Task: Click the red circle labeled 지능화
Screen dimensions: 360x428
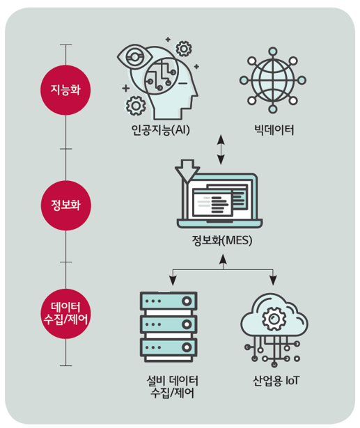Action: (65, 90)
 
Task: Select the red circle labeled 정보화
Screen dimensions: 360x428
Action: (66, 205)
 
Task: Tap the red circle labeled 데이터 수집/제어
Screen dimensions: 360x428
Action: (65, 314)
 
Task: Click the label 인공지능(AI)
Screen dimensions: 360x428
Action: (161, 129)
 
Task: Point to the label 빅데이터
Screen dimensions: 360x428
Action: (274, 130)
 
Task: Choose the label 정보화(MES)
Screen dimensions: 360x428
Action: (222, 241)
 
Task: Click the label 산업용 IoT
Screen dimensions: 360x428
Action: (276, 381)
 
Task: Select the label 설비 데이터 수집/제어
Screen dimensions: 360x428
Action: (173, 387)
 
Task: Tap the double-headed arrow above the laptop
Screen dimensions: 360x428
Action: (221, 150)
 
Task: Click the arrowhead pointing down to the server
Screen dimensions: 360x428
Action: (173, 280)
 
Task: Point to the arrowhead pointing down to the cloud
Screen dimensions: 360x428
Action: (273, 280)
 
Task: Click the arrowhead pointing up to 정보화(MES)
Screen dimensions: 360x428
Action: (223, 259)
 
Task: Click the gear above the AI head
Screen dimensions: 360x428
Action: (184, 49)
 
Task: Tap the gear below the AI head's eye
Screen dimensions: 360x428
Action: (136, 106)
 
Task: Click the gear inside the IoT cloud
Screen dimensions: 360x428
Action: (274, 318)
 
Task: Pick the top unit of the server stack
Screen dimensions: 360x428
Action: (169, 301)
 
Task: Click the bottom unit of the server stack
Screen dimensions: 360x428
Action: (169, 347)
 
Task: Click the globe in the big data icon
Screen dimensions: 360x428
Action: (273, 80)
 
